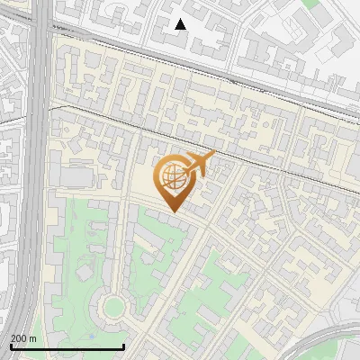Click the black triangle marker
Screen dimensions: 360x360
pyautogui.click(x=181, y=24)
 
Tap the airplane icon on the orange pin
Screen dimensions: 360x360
pyautogui.click(x=199, y=164)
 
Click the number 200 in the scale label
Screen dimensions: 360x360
pyautogui.click(x=19, y=338)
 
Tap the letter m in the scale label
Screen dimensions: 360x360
pyautogui.click(x=33, y=338)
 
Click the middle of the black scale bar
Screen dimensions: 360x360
pyautogui.click(x=67, y=346)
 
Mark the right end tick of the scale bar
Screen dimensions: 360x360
pyautogui.click(x=123, y=346)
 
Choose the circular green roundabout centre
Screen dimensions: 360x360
pyautogui.click(x=112, y=308)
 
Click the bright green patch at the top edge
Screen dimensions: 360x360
pyautogui.click(x=310, y=4)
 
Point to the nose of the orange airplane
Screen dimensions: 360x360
pyautogui.click(x=213, y=156)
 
